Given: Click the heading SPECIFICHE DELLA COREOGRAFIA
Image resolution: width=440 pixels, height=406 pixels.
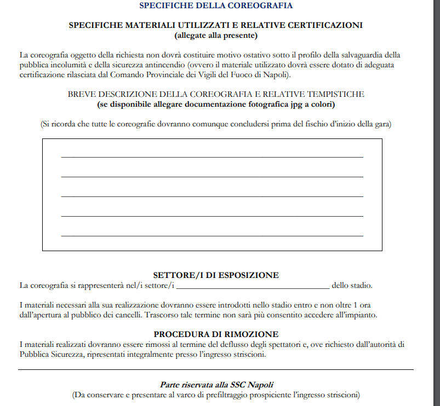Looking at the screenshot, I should point(216,6).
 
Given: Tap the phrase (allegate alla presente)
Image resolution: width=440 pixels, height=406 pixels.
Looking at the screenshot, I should point(216,36).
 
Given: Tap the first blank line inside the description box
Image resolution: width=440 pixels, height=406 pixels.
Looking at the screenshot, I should point(212,157).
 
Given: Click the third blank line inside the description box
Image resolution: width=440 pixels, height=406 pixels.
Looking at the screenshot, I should point(212,196).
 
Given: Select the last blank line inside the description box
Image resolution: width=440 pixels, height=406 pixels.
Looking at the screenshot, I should point(212,236).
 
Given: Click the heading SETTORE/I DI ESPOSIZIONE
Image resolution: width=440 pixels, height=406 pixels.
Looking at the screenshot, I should point(216,275).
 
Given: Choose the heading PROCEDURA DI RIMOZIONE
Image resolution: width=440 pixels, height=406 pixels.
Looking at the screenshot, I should point(216,334).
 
